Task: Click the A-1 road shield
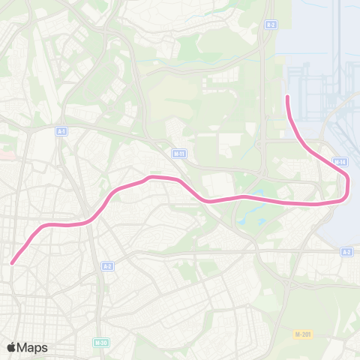tap(61, 131)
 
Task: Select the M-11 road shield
tap(178, 154)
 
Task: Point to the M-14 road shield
tap(340, 161)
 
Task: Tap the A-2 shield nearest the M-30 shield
tap(108, 266)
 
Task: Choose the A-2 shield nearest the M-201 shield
tap(346, 252)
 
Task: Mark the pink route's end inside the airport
tap(288, 96)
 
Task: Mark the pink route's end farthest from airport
tap(13, 262)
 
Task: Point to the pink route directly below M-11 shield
tap(178, 181)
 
